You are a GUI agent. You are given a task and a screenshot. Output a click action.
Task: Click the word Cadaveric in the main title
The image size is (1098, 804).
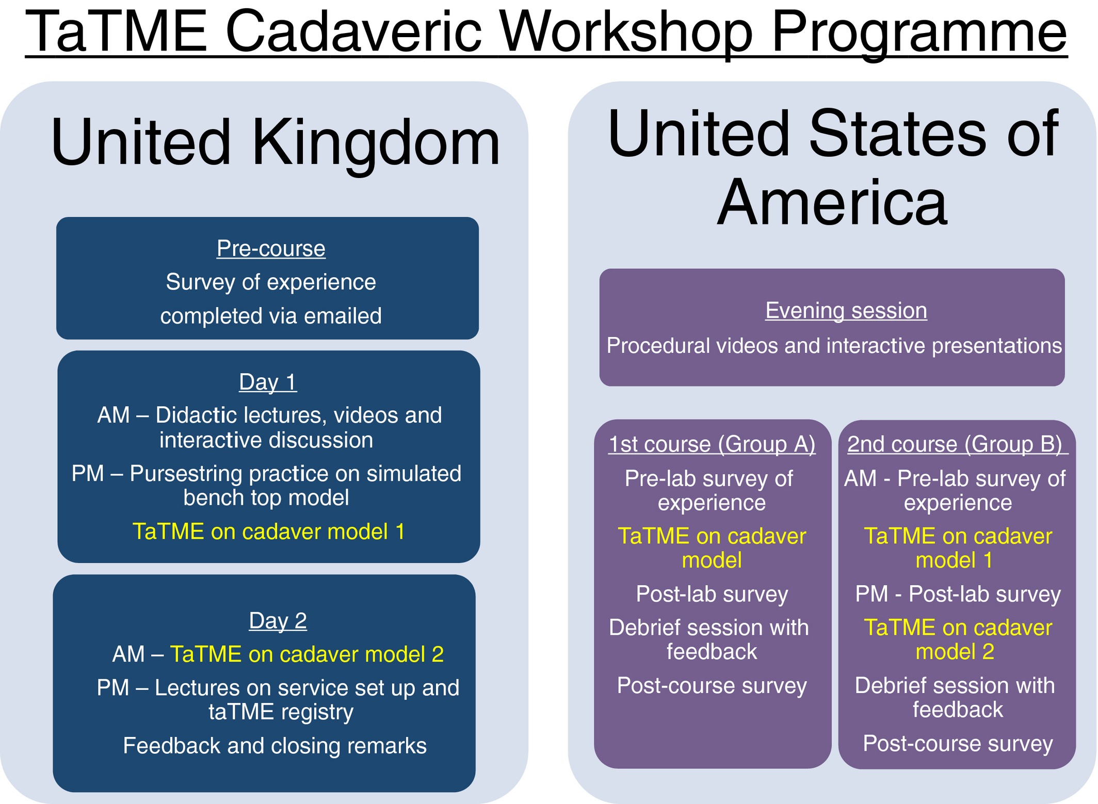[x=353, y=32]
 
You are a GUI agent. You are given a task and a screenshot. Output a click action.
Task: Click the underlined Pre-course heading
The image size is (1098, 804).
[x=271, y=249]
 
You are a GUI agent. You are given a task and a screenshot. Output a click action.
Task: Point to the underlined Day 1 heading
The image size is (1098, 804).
[x=268, y=382]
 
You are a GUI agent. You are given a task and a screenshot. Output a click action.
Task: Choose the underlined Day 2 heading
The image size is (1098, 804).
[x=278, y=620]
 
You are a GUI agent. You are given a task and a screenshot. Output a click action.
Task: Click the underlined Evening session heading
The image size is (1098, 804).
[x=846, y=311]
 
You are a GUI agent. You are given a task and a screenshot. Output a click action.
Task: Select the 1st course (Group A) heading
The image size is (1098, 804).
[x=712, y=444]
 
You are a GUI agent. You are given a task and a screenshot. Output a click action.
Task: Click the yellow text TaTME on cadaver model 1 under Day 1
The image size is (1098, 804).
[x=269, y=532]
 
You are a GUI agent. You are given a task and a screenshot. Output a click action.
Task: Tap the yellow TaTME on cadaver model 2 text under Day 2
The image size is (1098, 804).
[x=307, y=654]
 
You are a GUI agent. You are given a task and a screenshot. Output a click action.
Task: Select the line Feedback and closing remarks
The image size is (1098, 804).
[x=275, y=746]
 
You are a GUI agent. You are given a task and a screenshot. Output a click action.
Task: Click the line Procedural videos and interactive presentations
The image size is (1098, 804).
[x=834, y=346]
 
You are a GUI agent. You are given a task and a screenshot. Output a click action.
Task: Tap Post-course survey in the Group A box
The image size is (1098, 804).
[x=712, y=686]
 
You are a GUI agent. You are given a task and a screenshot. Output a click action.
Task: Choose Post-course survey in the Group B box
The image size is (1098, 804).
[x=958, y=744]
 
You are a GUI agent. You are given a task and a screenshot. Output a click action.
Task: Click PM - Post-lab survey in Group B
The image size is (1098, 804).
[x=958, y=594]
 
